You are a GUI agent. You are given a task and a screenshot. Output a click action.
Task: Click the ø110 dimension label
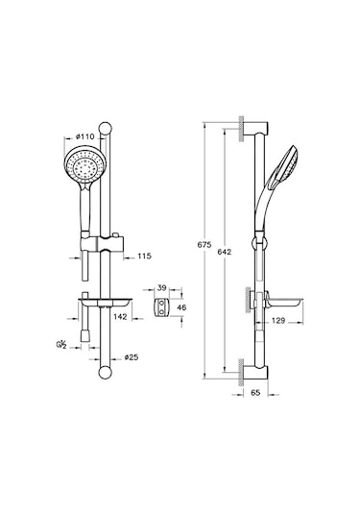tap(84, 136)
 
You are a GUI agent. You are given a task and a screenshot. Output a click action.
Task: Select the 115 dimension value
tap(144, 256)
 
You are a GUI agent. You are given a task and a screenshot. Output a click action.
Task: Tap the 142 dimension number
tap(120, 316)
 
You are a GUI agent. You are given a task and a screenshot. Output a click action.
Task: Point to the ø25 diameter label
tap(132, 357)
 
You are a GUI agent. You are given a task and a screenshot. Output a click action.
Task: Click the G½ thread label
tap(61, 345)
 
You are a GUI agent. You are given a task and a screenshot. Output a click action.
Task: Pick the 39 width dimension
tap(162, 288)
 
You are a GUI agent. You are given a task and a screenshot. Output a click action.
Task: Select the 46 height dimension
tap(181, 307)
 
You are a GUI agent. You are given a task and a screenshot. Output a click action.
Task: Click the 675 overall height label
tap(204, 245)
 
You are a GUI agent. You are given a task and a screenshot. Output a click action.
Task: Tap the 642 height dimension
tap(225, 252)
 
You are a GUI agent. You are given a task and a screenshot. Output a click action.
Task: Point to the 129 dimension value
tap(278, 321)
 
